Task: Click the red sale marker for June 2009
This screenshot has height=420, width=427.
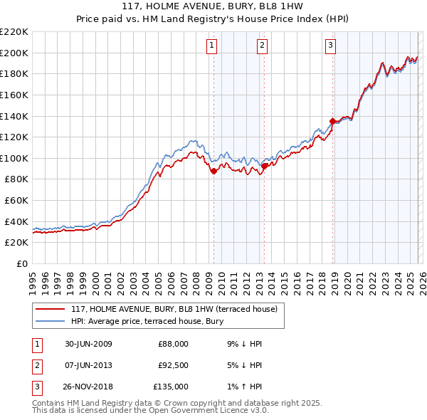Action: (213, 171)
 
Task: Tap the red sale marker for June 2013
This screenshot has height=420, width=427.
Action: (264, 166)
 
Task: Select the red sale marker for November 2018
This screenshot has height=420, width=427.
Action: (332, 121)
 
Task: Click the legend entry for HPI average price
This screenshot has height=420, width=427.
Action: (147, 322)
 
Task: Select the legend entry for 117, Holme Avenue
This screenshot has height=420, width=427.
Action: (178, 309)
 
